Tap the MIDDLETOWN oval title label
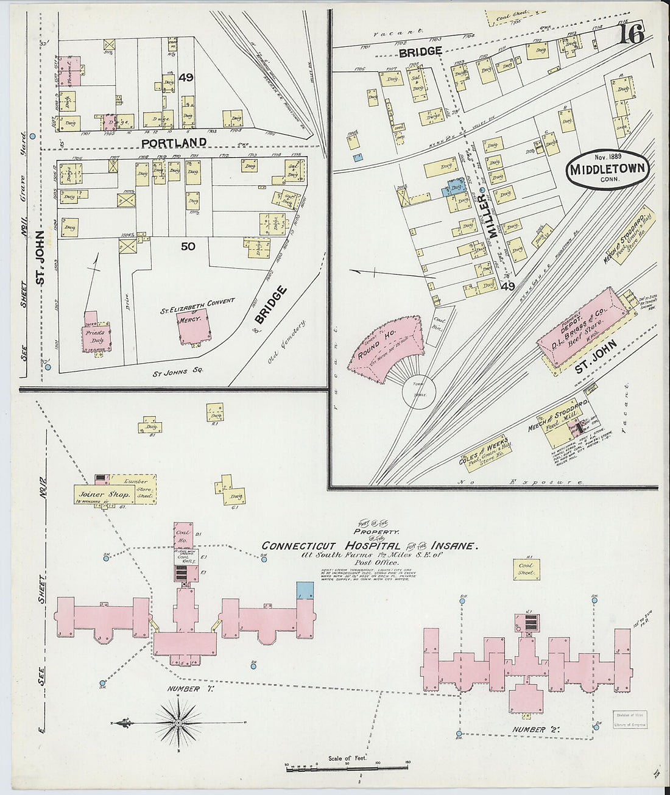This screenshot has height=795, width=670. [x=607, y=169]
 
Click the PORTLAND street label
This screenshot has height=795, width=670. [x=174, y=142]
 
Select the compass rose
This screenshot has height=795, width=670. [x=178, y=723]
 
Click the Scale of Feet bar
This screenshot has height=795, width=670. [x=347, y=769]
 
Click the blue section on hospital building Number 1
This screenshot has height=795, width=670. [x=305, y=590]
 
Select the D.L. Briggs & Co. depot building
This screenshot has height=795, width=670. [x=582, y=330]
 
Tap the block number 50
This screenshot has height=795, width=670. [x=188, y=246]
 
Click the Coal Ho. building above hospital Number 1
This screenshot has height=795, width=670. [x=183, y=535]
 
